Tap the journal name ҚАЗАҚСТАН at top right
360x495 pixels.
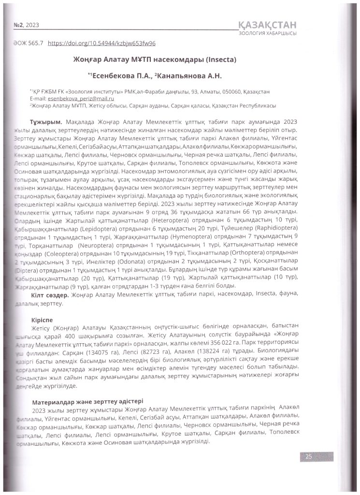pos(268,25)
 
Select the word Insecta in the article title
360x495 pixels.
pos(219,60)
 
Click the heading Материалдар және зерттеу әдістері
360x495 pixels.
pos(87,402)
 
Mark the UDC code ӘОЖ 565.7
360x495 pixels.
pos(25,43)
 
